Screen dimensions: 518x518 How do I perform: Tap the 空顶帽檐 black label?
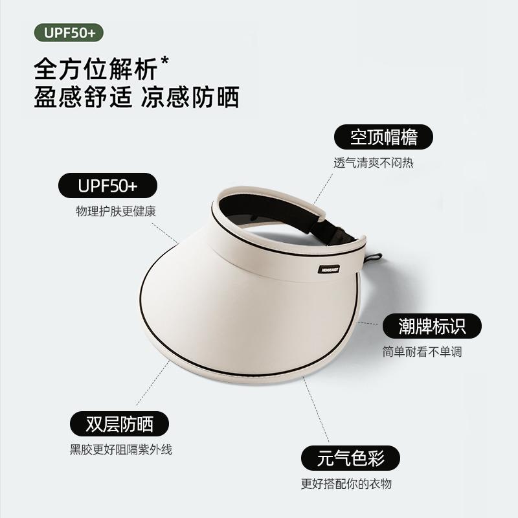click(383, 137)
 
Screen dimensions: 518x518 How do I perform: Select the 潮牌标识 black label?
click(433, 326)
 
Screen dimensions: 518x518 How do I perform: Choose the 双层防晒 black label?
click(119, 424)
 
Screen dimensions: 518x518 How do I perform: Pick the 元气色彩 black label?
click(350, 458)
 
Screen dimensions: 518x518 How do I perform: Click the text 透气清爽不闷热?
click(374, 163)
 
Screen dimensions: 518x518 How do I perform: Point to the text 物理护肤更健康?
click(116, 212)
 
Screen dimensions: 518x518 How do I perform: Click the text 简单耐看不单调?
click(422, 352)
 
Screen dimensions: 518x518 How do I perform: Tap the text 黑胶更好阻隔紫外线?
click(121, 449)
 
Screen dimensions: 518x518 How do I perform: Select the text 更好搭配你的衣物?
click(346, 484)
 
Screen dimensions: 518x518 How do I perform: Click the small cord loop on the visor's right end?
click(374, 258)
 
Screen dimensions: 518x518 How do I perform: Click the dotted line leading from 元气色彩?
click(317, 414)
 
